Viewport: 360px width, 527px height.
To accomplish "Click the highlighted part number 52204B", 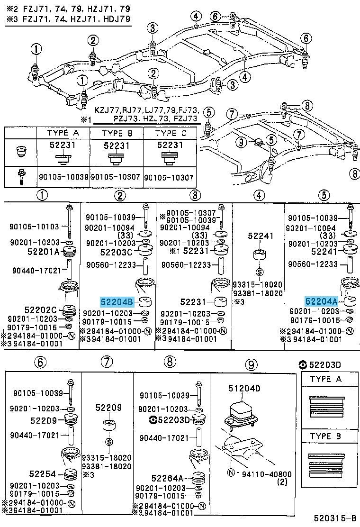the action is (x=117, y=302).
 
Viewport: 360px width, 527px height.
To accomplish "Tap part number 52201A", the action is (x=43, y=251).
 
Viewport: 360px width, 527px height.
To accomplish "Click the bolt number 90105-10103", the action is (x=34, y=227).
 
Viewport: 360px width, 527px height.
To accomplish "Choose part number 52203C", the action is (x=116, y=251).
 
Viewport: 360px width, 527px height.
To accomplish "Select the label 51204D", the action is (x=244, y=389).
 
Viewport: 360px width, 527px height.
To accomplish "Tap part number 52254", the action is (x=43, y=474).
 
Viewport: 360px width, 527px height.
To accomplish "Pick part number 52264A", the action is (x=167, y=478).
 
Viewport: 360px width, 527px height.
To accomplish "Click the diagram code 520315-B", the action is (x=335, y=517).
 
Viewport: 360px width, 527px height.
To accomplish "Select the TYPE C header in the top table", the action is (x=171, y=134).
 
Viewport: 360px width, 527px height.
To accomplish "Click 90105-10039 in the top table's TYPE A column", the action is (x=63, y=176).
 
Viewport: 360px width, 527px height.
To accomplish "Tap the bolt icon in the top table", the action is (x=21, y=177).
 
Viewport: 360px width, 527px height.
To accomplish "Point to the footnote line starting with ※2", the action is (x=68, y=9).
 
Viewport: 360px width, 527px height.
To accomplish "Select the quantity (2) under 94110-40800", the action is (x=284, y=482).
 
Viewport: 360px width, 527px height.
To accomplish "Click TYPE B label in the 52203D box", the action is (x=325, y=436).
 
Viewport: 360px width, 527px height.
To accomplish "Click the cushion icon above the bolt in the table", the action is (x=21, y=151).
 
